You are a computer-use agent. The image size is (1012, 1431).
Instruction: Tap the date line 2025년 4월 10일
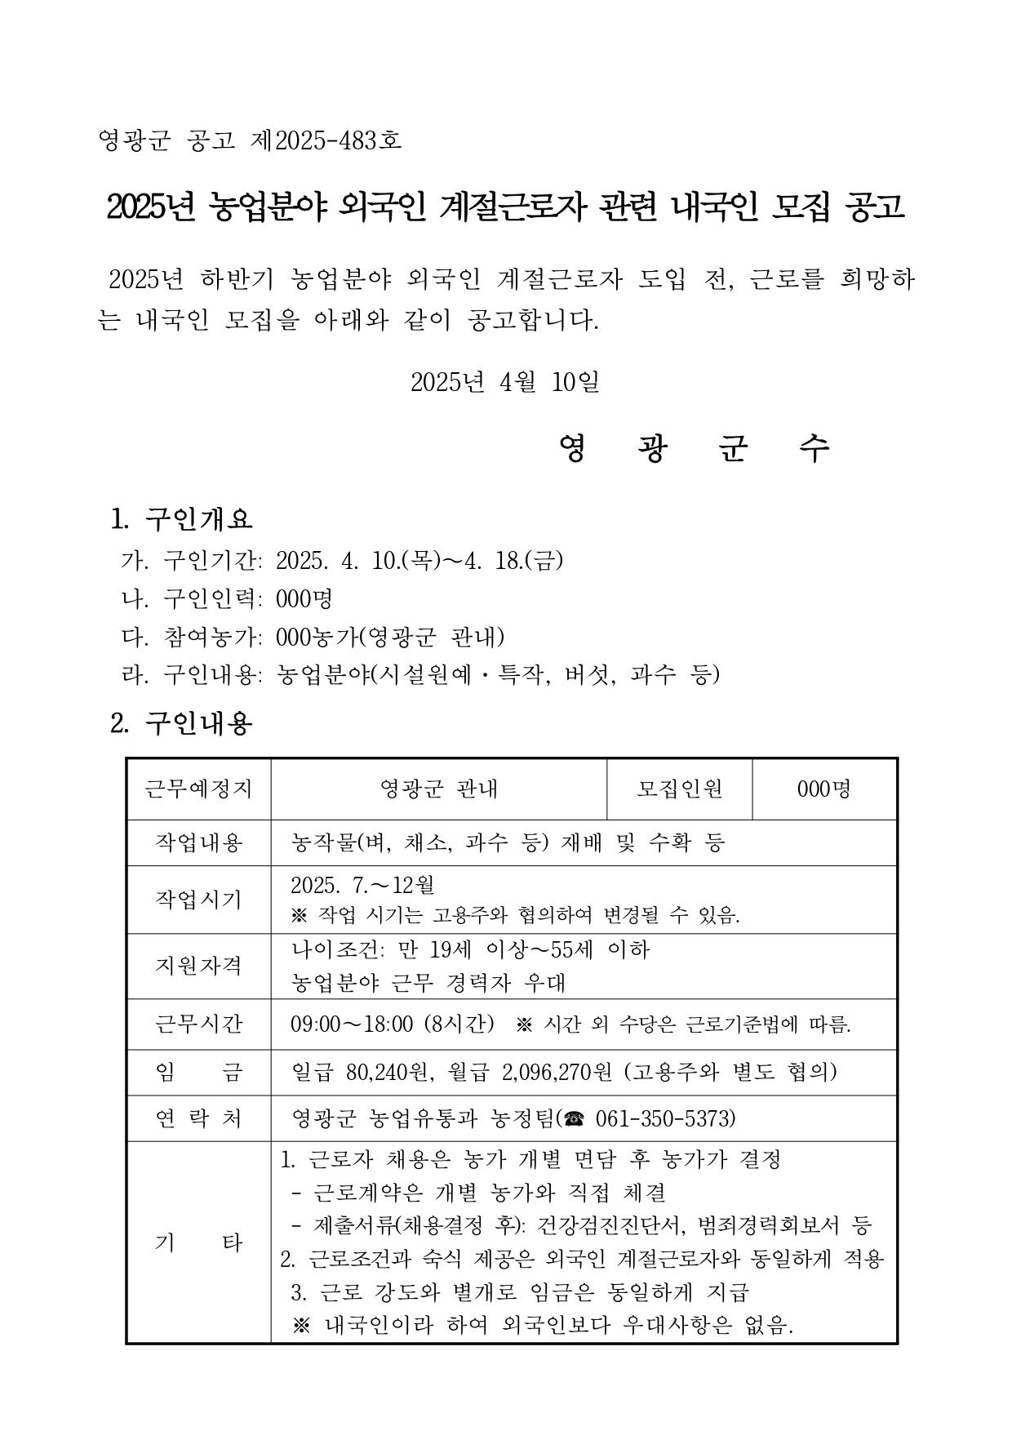[x=505, y=381]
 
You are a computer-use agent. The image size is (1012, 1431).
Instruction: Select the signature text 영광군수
[x=695, y=448]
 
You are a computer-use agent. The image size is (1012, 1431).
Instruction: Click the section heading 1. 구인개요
[x=182, y=518]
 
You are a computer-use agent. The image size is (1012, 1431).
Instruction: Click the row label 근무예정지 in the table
[x=198, y=789]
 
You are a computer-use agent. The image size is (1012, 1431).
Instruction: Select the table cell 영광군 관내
[x=439, y=789]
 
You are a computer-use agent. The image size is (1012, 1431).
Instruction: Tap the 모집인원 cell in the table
[x=679, y=789]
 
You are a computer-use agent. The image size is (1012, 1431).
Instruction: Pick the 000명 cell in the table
[x=823, y=789]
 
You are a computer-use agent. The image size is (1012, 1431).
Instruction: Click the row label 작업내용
[x=198, y=842]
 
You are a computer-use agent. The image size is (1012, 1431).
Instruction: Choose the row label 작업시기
[x=198, y=900]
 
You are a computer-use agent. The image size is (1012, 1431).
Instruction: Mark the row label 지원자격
[x=198, y=966]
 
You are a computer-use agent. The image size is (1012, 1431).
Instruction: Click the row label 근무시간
[x=198, y=1024]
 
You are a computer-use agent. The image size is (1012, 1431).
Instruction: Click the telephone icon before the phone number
[x=574, y=1118]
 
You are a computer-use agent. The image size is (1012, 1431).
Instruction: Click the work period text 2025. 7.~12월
[x=362, y=885]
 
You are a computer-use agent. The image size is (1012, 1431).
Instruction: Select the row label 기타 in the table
[x=198, y=1242]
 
